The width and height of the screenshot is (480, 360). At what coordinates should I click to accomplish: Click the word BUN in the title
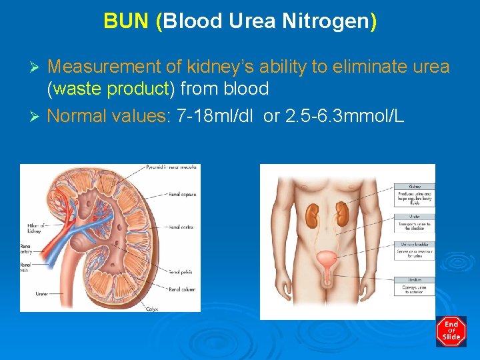click(x=125, y=21)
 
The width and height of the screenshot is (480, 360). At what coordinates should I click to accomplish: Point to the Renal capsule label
click(x=182, y=195)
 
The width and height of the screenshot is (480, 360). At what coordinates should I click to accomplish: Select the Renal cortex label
click(x=181, y=227)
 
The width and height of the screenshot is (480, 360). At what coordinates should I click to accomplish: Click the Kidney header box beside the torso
click(x=415, y=187)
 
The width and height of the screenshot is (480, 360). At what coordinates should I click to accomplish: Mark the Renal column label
click(x=182, y=289)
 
